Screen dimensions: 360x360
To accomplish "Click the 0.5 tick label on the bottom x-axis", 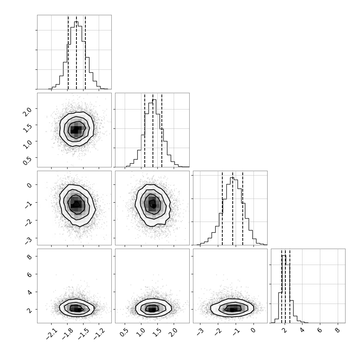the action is [x=124, y=333].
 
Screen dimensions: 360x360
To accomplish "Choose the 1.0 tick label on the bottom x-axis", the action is [x=141, y=333].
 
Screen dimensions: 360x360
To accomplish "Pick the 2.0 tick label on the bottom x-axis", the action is [x=173, y=333].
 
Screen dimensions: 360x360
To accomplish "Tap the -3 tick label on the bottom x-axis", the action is [x=200, y=332].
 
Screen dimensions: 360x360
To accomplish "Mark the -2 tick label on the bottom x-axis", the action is [x=217, y=332].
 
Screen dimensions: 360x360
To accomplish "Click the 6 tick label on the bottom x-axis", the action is [x=320, y=330].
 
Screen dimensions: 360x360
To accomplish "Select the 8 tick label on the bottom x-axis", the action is [x=337, y=330].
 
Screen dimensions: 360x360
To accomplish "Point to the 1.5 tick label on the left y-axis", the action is [x=27, y=128].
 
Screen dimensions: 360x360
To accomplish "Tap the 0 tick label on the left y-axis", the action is [x=29, y=185].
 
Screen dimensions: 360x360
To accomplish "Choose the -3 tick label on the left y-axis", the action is [x=28, y=240].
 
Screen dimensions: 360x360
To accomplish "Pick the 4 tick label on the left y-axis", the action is [x=29, y=292].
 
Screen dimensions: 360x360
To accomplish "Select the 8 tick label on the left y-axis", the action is [x=29, y=257].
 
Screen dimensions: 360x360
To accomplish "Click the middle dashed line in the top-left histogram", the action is [x=76, y=52].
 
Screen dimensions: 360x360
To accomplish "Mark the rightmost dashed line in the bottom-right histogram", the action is [x=290, y=286].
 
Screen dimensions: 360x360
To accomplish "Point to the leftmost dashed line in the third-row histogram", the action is [x=222, y=208].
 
